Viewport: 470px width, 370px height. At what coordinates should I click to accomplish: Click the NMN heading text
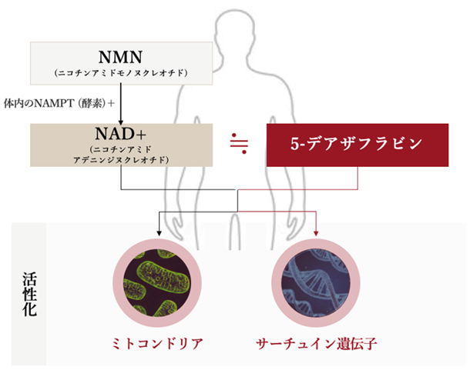pos(120,57)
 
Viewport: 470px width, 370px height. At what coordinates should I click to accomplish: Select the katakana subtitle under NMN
pos(121,73)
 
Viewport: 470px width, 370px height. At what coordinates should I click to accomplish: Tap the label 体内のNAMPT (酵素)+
pos(59,104)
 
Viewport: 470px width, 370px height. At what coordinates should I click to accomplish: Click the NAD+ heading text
pos(120,134)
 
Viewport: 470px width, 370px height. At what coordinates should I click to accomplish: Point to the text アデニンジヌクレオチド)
pos(121,160)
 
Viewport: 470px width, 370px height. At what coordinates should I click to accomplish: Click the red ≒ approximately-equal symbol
pos(239,143)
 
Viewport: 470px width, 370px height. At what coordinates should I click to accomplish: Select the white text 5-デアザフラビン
pos(356,144)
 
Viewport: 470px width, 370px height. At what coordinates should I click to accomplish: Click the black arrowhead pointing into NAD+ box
pos(121,122)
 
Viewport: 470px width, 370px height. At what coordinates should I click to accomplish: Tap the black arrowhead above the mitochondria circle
pos(159,233)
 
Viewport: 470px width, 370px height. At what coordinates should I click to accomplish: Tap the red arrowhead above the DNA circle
pos(316,233)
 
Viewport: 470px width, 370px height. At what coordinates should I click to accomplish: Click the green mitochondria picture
pos(157,283)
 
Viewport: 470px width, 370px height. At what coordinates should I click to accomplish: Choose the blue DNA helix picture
pos(316,283)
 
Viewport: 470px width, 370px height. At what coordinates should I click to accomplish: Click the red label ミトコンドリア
pos(157,344)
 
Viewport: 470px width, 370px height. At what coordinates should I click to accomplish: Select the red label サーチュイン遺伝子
pos(316,344)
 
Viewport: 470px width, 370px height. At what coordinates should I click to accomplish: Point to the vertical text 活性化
pos(30,294)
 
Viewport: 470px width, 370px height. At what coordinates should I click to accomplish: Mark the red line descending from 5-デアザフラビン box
pos(358,178)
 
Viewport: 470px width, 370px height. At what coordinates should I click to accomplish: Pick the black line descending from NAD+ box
pos(121,178)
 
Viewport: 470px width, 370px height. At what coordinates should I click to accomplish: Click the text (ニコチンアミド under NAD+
pos(121,149)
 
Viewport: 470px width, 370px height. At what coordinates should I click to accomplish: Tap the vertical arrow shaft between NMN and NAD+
pos(121,102)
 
